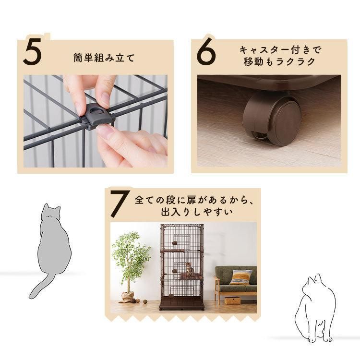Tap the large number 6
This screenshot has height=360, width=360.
[x=206, y=51]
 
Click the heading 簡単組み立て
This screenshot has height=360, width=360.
[x=104, y=58]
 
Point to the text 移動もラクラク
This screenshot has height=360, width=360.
[x=279, y=62]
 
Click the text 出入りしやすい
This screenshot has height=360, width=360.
[x=197, y=212]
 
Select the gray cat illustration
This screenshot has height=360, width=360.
[x=49, y=251]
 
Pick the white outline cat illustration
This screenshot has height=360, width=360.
[x=316, y=308]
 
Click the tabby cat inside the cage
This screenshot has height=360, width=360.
[x=189, y=269]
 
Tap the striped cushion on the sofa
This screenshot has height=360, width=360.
[x=240, y=277]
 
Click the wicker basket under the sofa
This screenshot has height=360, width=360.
[x=232, y=300]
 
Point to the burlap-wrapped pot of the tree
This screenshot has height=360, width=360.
[x=129, y=297]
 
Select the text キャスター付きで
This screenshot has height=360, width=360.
[x=280, y=50]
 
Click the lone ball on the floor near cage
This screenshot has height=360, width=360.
[x=145, y=301]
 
